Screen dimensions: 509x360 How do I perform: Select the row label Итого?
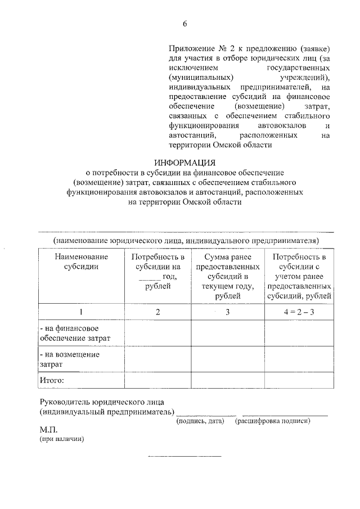coord(52,381)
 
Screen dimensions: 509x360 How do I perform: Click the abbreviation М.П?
coord(48,430)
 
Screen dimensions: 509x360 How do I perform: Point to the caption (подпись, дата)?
coord(200,421)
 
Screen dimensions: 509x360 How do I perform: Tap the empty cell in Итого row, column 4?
coord(299,381)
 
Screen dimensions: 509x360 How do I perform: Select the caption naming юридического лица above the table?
coord(186,241)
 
